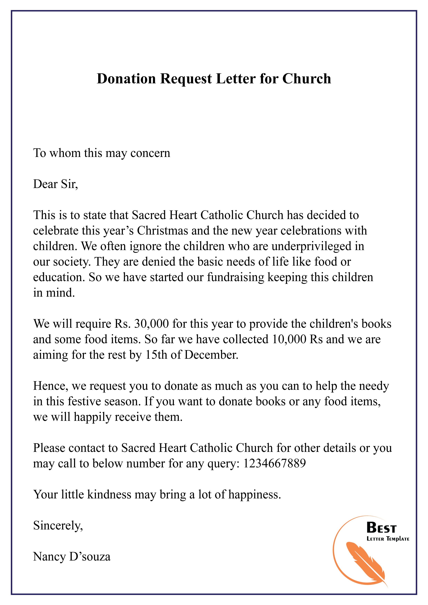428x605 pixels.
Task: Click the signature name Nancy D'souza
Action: (x=72, y=557)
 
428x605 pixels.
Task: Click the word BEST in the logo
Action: (x=381, y=528)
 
